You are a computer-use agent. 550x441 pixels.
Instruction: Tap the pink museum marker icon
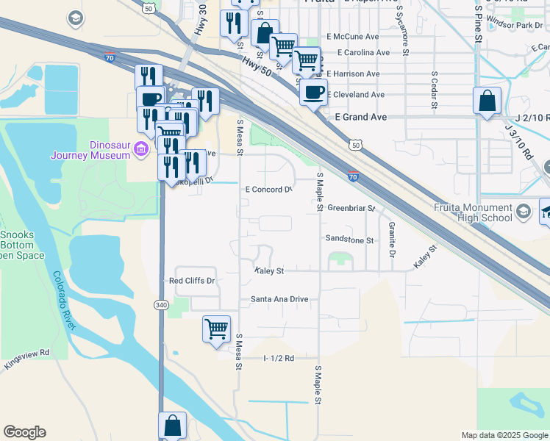pos(141,150)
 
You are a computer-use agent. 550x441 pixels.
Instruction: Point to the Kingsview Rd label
pos(26,359)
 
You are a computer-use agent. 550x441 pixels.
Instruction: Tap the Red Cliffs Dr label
pos(191,281)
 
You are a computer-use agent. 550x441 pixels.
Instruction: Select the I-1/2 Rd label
pos(279,358)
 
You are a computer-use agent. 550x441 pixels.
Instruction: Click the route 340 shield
pos(161,304)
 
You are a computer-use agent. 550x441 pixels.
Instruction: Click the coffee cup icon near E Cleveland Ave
pos(313,92)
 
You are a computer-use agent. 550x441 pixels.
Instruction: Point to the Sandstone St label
pos(350,240)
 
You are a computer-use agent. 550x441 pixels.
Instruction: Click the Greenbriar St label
pos(351,208)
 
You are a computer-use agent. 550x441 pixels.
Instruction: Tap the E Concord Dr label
pos(268,190)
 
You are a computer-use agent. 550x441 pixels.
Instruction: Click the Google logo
pos(24,432)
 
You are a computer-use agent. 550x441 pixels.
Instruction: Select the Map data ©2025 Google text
pos(504,435)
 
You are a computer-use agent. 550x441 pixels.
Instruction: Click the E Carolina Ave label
pos(363,53)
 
